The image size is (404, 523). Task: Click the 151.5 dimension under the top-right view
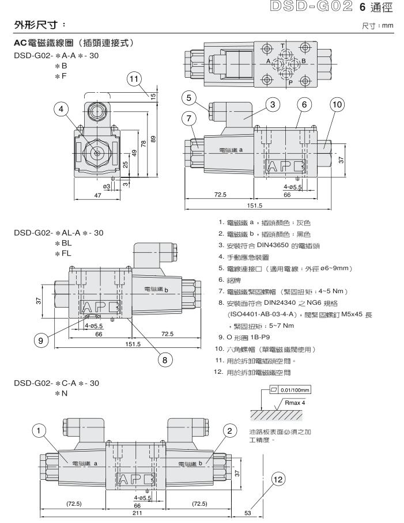click(x=254, y=204)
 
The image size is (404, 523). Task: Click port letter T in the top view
click(x=282, y=47)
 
